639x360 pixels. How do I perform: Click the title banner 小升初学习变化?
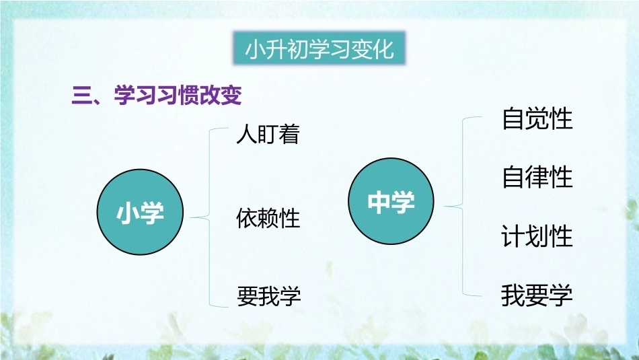click(319, 48)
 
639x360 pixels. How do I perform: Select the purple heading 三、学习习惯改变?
click(157, 96)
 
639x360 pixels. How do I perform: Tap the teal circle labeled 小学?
click(140, 212)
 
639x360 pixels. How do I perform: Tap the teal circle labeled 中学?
click(391, 201)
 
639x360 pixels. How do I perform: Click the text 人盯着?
click(268, 134)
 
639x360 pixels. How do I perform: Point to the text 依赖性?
click(268, 218)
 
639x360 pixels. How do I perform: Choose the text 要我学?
click(269, 295)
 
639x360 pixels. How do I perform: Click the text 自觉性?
click(537, 118)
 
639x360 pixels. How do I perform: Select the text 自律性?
click(537, 177)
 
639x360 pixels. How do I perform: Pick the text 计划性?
click(537, 236)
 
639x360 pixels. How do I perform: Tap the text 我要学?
click(537, 295)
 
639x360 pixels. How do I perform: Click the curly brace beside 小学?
click(210, 218)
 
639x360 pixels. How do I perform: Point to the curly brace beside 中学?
click(463, 207)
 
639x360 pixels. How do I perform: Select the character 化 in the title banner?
click(383, 49)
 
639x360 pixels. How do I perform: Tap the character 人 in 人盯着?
click(246, 135)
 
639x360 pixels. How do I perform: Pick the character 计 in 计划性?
click(513, 236)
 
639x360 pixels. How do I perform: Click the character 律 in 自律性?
click(537, 177)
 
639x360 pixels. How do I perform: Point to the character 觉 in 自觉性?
click(537, 118)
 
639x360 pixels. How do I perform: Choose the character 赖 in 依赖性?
click(268, 218)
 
